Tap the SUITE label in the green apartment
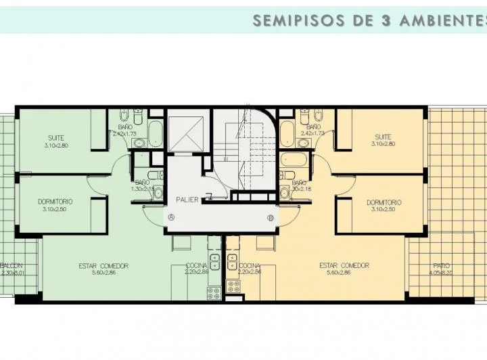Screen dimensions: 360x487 (x=56, y=138)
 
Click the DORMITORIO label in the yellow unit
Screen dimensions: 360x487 (x=384, y=202)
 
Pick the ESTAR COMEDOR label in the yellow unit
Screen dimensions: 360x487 (x=344, y=266)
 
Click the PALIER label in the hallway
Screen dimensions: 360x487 (x=187, y=200)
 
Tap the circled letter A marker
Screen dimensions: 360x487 (x=172, y=217)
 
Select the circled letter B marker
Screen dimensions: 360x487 (x=271, y=217)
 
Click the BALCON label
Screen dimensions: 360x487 (x=11, y=265)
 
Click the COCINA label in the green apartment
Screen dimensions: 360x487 (x=197, y=266)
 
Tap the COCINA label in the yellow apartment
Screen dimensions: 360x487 (x=249, y=266)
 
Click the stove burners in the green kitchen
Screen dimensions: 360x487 (x=214, y=292)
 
